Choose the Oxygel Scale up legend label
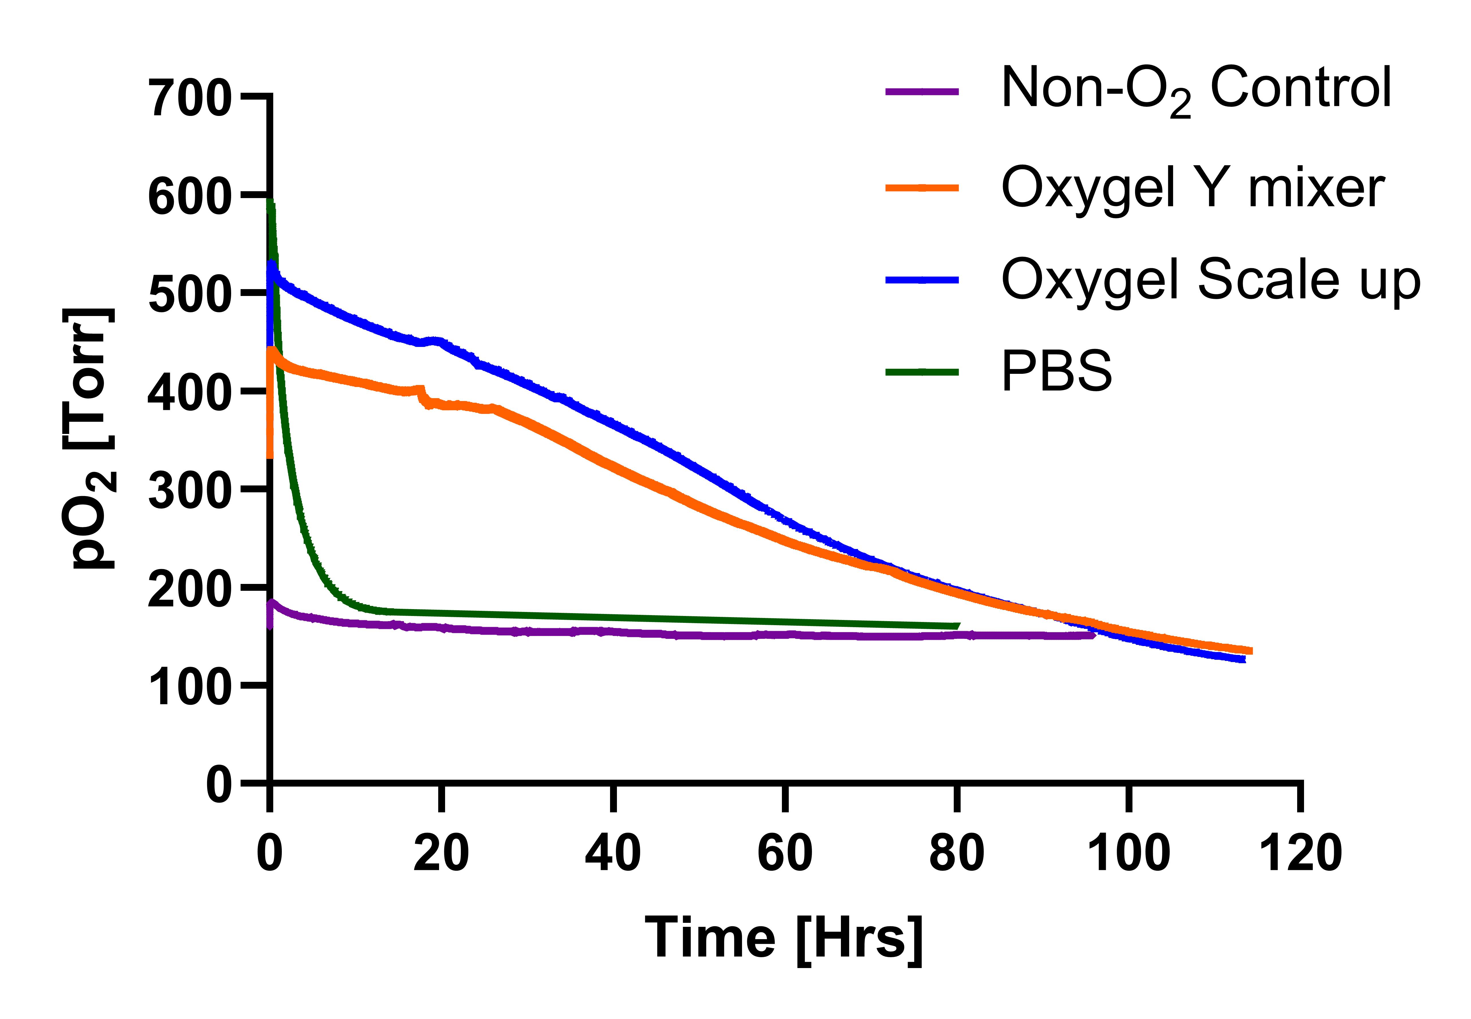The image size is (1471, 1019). pos(1210,281)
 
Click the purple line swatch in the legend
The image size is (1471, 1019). pos(922,91)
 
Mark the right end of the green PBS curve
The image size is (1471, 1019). pos(958,626)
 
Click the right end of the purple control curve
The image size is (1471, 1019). pos(1094,635)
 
